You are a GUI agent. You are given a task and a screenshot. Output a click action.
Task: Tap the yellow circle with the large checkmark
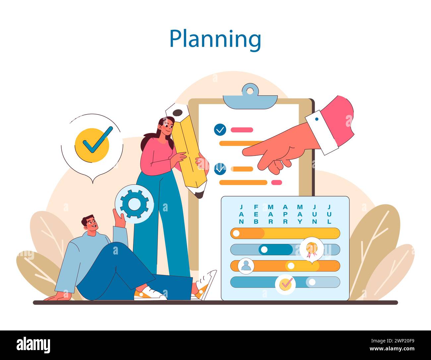click(x=92, y=145)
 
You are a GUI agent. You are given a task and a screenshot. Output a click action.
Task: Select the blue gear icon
click(x=134, y=204)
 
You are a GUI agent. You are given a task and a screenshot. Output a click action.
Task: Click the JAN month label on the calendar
click(x=241, y=214)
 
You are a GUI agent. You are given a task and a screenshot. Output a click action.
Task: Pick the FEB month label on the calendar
click(x=256, y=214)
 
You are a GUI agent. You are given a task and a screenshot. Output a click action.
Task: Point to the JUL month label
click(x=329, y=214)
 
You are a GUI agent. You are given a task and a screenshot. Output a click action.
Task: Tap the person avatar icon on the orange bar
click(x=246, y=266)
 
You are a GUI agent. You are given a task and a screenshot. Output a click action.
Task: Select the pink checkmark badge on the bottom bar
click(x=285, y=285)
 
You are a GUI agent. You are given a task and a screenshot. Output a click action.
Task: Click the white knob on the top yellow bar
click(x=236, y=233)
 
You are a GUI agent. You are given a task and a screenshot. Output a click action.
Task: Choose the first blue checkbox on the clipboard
click(x=220, y=130)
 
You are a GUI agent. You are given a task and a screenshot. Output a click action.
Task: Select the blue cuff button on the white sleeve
click(x=317, y=119)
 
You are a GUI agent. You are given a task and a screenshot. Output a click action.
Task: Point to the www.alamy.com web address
click(x=392, y=349)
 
